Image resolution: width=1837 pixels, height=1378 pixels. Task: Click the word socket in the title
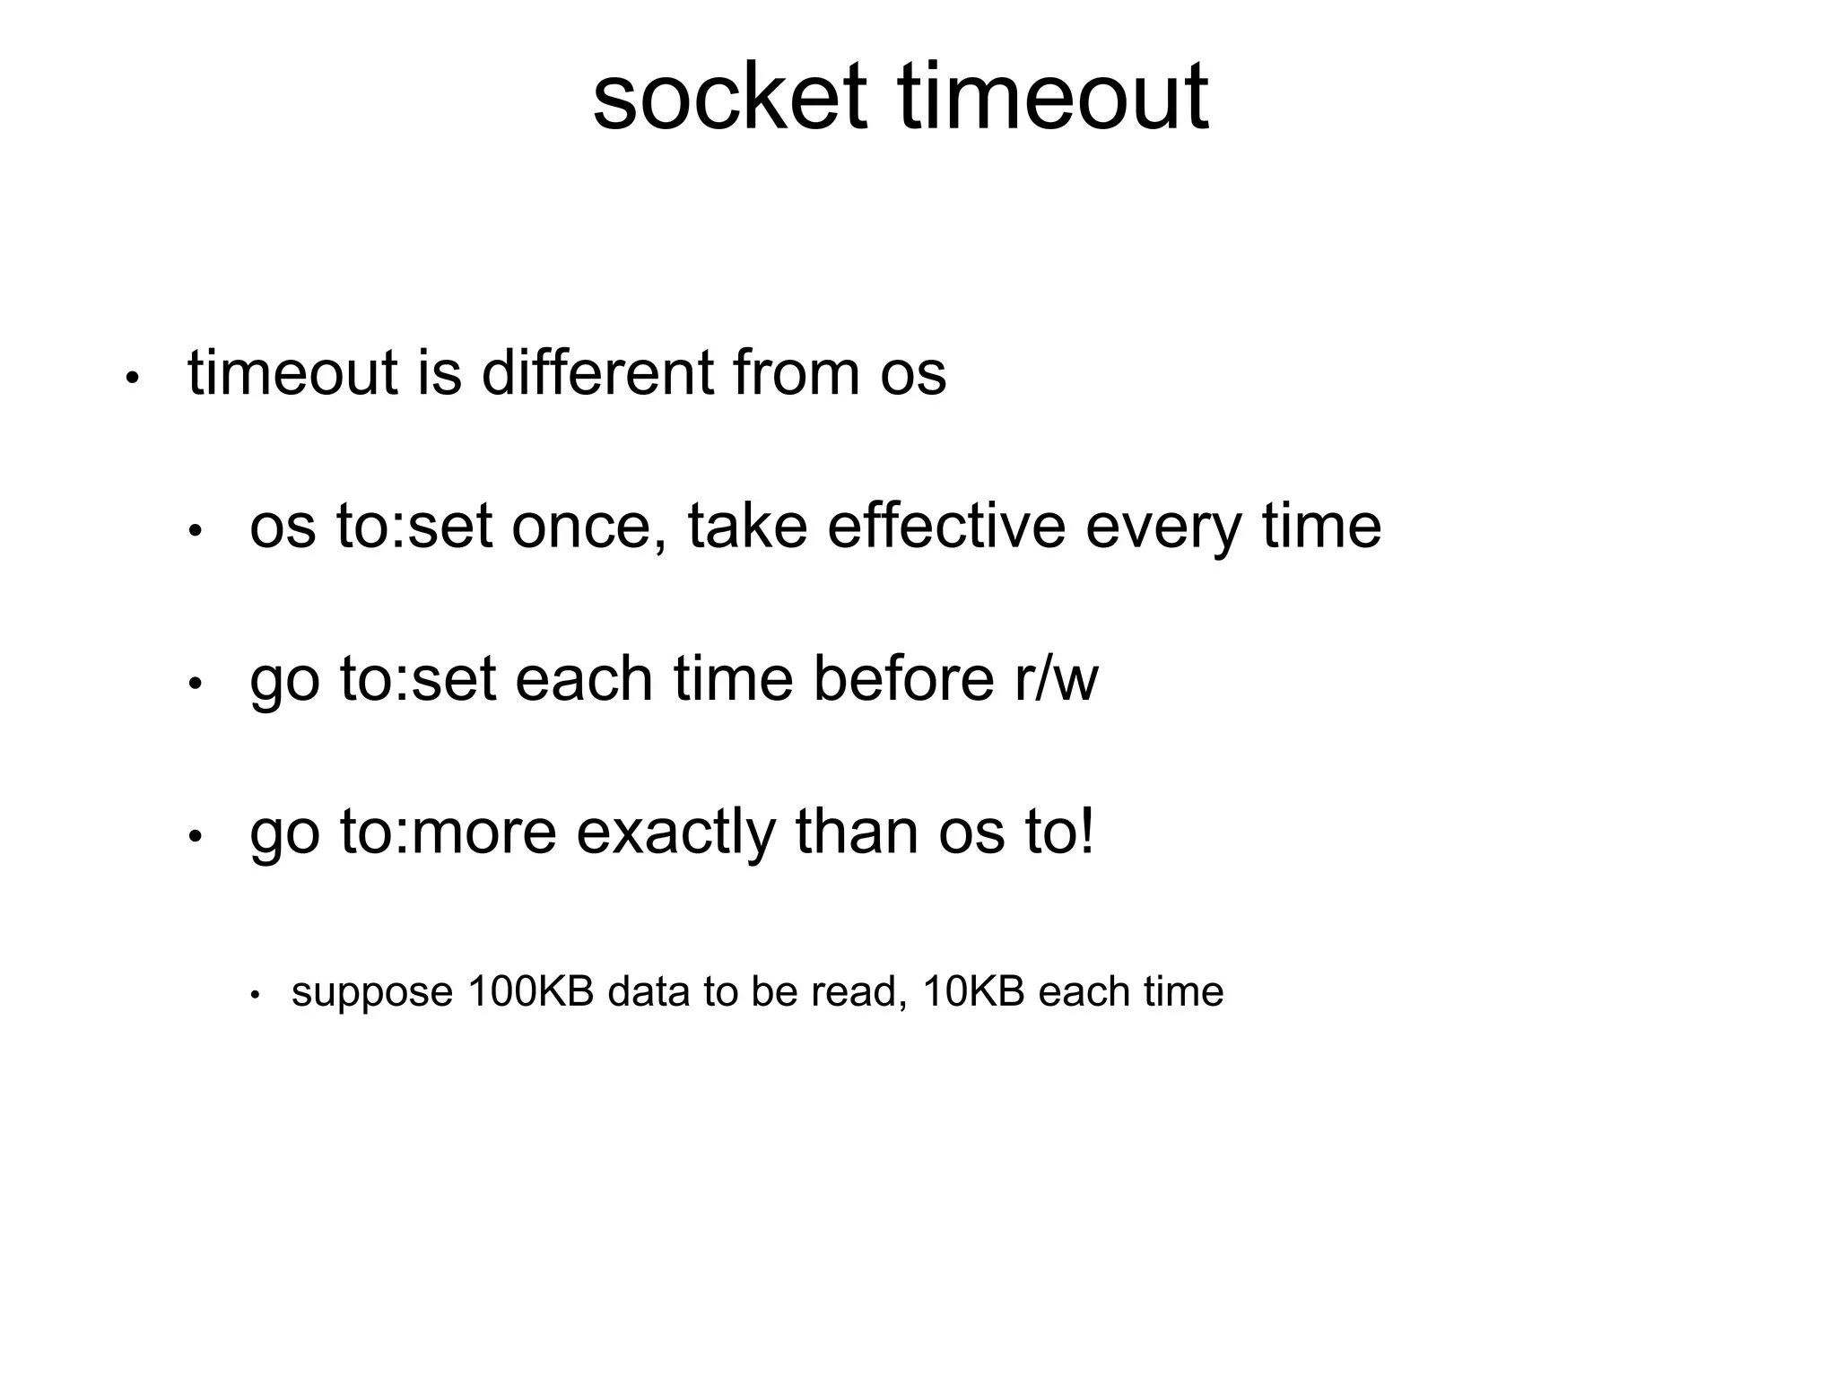tap(729, 96)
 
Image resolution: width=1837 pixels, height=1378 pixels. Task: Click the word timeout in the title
tap(1053, 96)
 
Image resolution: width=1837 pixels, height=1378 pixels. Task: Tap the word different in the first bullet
tap(597, 372)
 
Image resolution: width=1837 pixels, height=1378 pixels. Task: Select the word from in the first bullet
tap(796, 372)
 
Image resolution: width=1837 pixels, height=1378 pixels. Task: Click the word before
tap(902, 679)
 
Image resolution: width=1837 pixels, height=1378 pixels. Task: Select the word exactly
tap(675, 833)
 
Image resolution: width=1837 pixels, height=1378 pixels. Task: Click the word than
tap(857, 832)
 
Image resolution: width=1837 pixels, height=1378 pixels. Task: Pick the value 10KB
tap(973, 991)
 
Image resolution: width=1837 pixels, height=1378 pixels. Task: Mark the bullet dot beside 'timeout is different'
tap(132, 378)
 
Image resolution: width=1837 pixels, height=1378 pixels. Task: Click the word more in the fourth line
tap(484, 833)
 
